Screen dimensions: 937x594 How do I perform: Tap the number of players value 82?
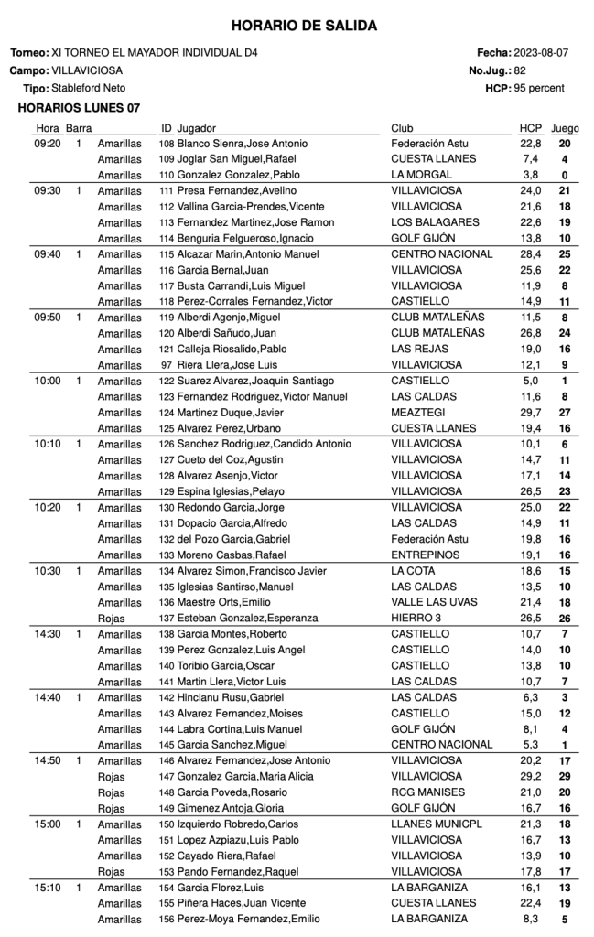point(520,70)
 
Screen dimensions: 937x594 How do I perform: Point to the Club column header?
point(402,128)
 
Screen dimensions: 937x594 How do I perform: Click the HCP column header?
point(531,128)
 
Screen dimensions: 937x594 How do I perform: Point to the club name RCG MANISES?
point(427,792)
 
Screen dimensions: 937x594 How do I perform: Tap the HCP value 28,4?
point(530,253)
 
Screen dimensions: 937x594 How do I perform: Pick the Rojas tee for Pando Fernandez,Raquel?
point(111,871)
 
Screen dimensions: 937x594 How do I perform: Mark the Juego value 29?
point(565,776)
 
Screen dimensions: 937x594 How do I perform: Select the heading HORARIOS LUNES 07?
point(80,108)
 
